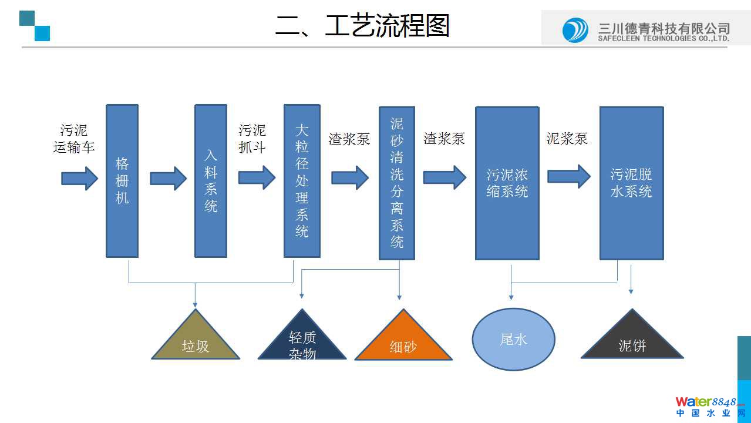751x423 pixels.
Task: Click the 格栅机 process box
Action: tap(122, 181)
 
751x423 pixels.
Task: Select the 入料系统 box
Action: tap(211, 181)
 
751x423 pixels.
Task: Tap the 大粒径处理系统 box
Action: tap(302, 181)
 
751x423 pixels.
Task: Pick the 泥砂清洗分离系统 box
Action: tap(397, 183)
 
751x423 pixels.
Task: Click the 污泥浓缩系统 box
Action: tap(507, 183)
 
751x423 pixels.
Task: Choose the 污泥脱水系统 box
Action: tap(631, 183)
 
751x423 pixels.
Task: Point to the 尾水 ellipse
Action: tap(514, 339)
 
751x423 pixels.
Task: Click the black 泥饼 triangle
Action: tap(632, 341)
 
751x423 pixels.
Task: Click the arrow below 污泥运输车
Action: tap(79, 178)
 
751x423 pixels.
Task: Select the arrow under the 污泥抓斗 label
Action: tap(257, 177)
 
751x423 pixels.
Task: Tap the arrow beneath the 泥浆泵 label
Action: tap(568, 176)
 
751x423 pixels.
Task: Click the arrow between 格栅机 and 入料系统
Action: tap(168, 178)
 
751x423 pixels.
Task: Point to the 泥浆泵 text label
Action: tap(567, 139)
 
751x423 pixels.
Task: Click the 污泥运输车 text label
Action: tap(74, 139)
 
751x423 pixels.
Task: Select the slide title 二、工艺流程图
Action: tap(362, 26)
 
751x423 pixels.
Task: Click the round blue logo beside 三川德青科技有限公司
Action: tap(575, 30)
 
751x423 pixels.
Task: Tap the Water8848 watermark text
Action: tap(705, 402)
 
